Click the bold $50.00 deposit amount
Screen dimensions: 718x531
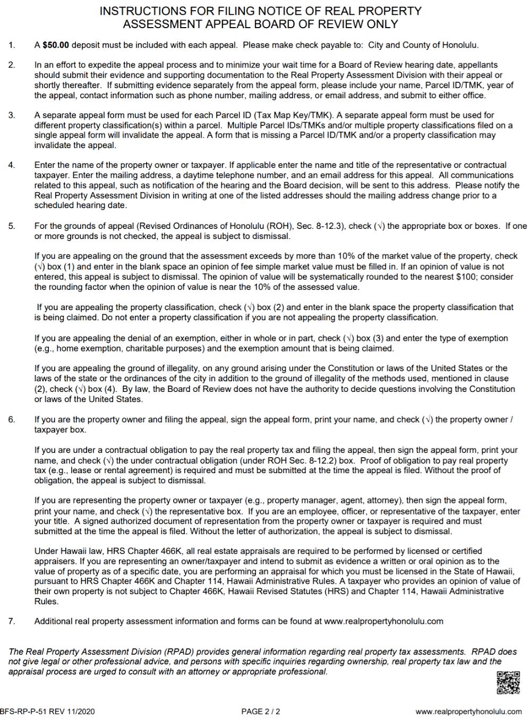[x=56, y=46]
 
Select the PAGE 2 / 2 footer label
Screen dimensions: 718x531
[x=261, y=712]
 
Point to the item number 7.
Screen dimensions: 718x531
[x=12, y=621]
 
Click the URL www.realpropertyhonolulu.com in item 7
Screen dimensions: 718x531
[x=383, y=621]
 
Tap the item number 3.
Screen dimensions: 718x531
[x=12, y=115]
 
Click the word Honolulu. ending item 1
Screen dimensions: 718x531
[x=461, y=46]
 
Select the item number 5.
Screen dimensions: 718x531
[x=12, y=226]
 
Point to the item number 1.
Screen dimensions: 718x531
[x=12, y=46]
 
